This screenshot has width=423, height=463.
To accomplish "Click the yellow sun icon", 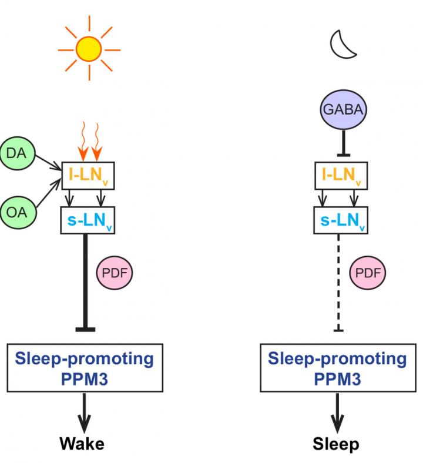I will pyautogui.click(x=89, y=49).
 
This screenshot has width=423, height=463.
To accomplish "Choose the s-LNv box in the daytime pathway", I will pyautogui.click(x=88, y=221).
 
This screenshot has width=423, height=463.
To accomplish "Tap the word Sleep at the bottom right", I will pyautogui.click(x=337, y=443).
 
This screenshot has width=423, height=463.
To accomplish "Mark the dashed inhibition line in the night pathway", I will pyautogui.click(x=338, y=282).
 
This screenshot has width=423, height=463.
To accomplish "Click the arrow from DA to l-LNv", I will pyautogui.click(x=48, y=161).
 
